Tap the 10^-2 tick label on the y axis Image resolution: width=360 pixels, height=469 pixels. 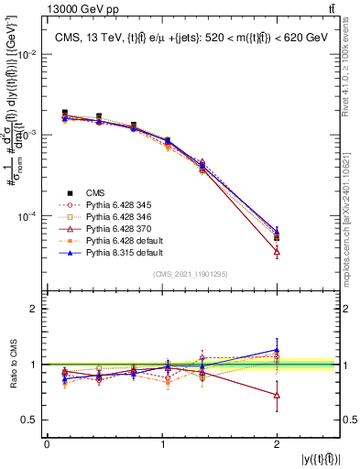pos(27,55)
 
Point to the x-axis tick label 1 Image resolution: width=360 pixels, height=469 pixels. pos(162,444)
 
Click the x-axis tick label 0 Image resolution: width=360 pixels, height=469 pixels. pos(47,444)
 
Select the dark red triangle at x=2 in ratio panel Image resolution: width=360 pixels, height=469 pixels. pos(277,395)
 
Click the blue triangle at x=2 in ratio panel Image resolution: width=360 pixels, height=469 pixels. pos(277,350)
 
